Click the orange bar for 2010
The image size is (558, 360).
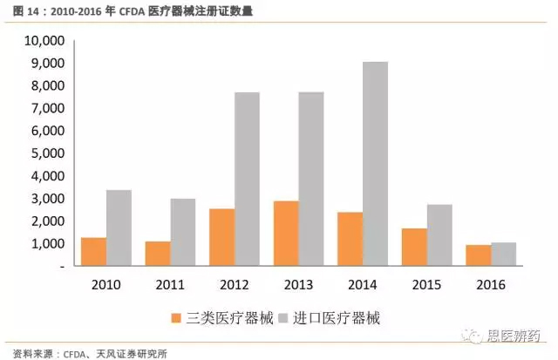[93, 252]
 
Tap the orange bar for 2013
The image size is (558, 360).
[285, 234]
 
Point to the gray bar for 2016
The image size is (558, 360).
[502, 255]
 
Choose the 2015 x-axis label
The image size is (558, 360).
[425, 284]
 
